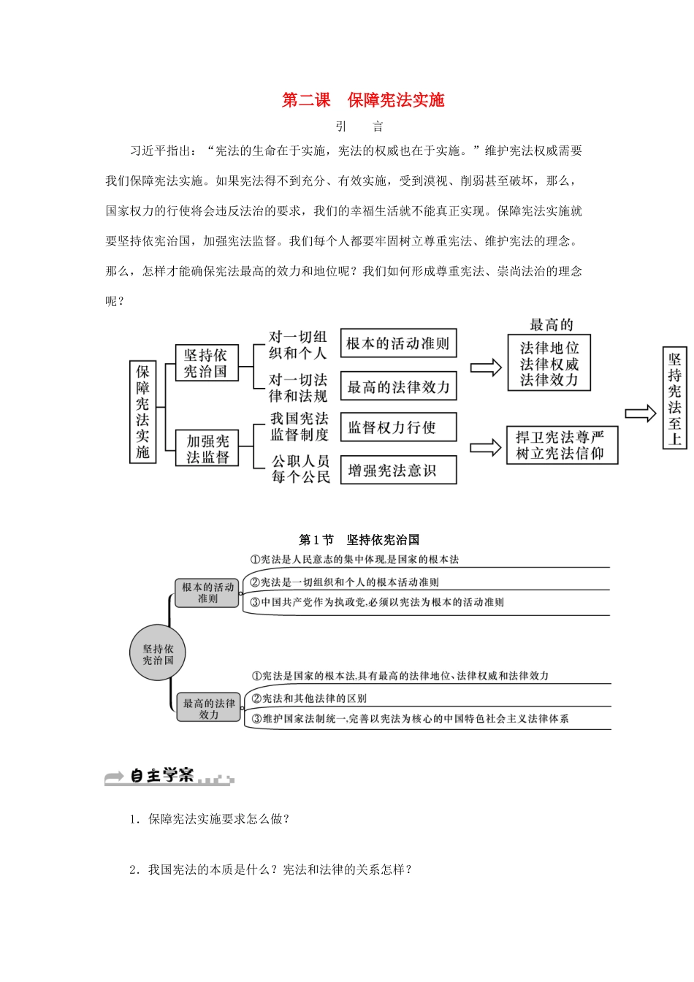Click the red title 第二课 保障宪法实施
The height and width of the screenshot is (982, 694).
[363, 100]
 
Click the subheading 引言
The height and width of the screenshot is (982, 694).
[359, 126]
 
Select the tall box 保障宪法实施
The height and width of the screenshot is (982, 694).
[142, 411]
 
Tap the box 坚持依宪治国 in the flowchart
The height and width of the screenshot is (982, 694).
[206, 363]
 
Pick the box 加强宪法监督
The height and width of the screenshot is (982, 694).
[207, 449]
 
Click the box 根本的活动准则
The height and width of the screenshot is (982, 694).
[398, 343]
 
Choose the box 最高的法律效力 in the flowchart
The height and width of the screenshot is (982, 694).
[398, 387]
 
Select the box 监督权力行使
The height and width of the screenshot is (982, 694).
[398, 427]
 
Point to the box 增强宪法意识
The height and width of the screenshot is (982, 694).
[398, 470]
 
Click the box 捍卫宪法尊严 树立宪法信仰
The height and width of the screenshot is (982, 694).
[561, 445]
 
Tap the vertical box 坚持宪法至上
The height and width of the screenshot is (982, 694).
[674, 398]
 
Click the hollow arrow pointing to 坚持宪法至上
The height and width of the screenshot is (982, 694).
[641, 414]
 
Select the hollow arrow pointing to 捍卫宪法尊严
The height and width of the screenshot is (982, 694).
[485, 447]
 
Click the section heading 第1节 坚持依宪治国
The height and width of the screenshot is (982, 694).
[359, 540]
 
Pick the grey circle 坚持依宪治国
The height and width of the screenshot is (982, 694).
[158, 654]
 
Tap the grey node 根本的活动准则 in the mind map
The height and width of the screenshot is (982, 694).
[207, 593]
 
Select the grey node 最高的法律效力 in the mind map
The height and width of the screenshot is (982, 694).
[209, 709]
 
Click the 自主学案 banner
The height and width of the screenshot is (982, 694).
[169, 777]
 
